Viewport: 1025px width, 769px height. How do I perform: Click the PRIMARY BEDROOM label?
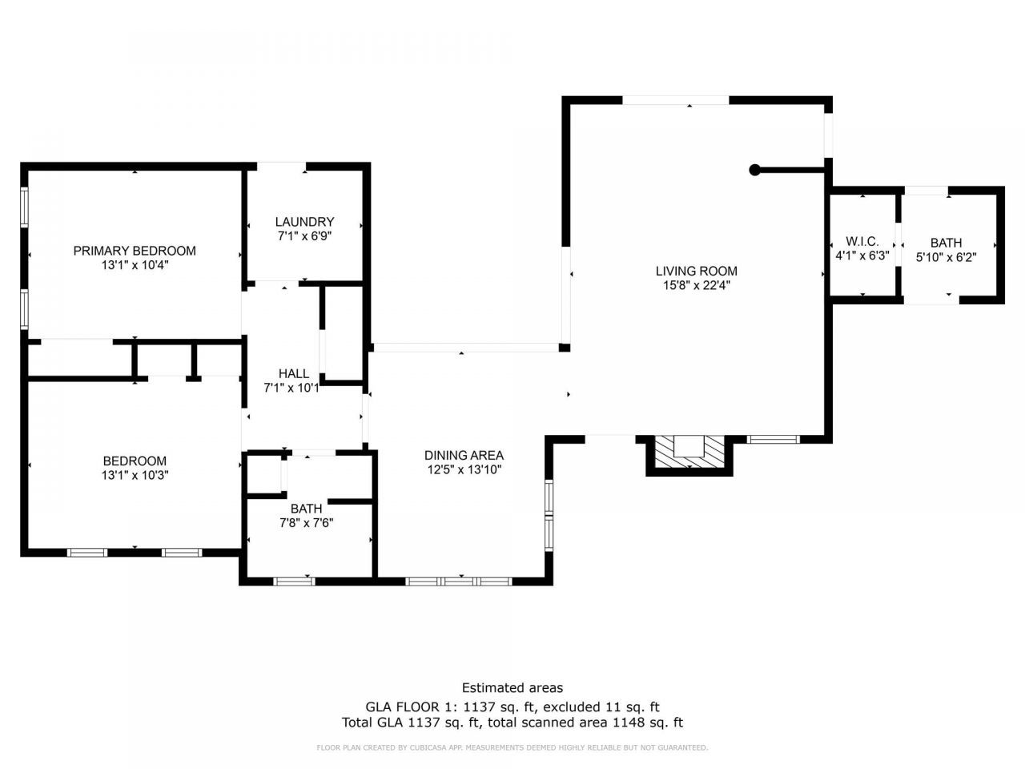tap(135, 251)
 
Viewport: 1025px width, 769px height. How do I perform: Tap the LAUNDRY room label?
tap(304, 222)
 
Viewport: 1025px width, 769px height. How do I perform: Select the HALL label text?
tap(293, 373)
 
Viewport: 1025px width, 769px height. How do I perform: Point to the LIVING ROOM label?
tap(696, 271)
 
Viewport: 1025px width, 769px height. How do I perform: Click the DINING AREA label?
tap(464, 455)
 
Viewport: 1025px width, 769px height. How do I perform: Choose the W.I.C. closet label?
tap(862, 241)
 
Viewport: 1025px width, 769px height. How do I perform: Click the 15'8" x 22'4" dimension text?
tap(696, 285)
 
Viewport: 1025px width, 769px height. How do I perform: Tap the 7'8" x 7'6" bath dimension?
tap(307, 523)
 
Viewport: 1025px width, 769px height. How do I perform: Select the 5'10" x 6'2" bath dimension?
tap(946, 257)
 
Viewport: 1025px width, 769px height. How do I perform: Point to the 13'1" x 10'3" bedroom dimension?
tap(135, 475)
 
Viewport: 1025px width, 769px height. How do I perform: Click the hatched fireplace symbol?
tap(689, 452)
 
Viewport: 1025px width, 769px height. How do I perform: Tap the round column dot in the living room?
tap(754, 170)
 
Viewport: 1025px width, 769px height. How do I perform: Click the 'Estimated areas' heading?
tap(512, 688)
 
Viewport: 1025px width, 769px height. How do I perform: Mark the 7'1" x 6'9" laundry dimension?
tap(304, 236)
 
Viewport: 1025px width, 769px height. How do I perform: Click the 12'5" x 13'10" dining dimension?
tap(464, 469)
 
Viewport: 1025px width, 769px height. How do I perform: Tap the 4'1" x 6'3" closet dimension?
tap(862, 256)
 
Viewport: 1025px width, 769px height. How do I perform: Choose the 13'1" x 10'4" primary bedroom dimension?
tap(135, 265)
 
